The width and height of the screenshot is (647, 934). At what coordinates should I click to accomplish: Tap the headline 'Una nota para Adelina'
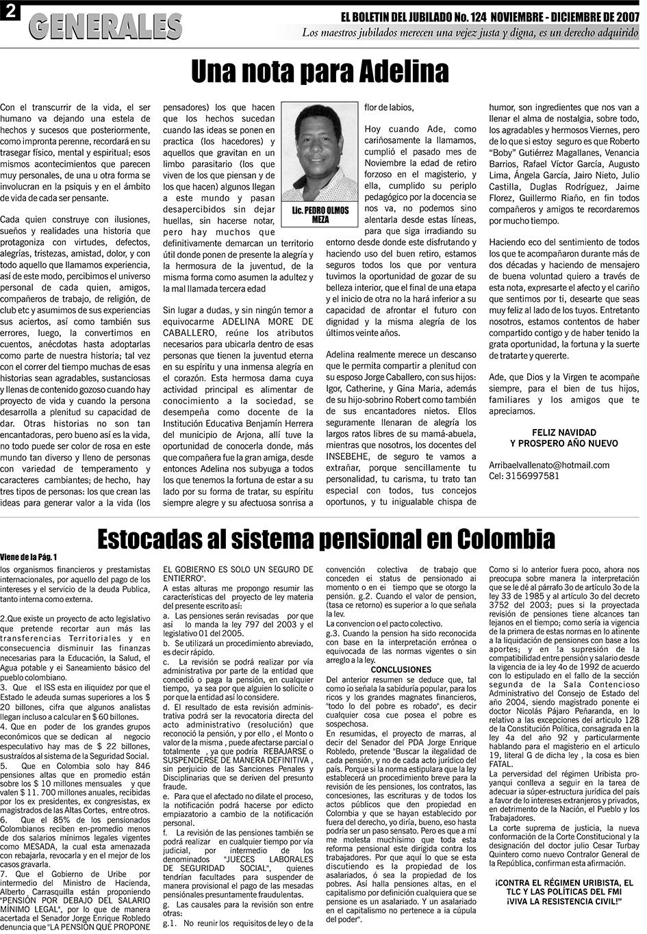click(320, 71)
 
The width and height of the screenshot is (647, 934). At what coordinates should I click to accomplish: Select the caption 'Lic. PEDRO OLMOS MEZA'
click(320, 215)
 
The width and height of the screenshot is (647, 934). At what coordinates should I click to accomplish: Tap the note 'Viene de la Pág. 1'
click(29, 557)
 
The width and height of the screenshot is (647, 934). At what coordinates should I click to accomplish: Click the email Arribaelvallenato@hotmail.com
click(549, 465)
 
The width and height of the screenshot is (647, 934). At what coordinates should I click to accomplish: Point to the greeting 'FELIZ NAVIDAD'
click(563, 432)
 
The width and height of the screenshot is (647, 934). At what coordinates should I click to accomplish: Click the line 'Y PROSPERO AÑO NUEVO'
click(563, 443)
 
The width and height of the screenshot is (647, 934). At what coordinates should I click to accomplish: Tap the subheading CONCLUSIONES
click(401, 669)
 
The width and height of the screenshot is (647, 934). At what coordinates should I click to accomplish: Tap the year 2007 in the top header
click(622, 16)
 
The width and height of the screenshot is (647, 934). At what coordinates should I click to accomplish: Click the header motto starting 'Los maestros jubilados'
click(470, 32)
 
